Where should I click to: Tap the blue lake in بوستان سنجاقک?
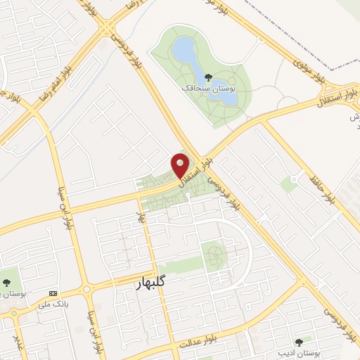click(185, 50)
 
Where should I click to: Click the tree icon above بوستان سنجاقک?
click(207, 77)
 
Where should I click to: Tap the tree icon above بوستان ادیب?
click(299, 342)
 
